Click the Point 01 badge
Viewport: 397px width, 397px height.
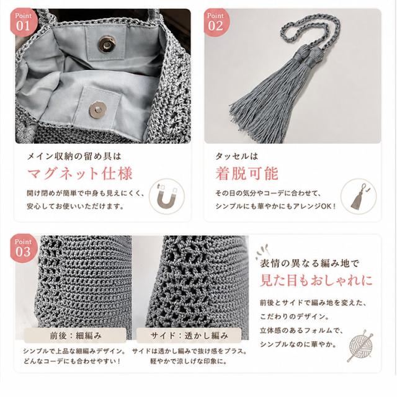point(24,22)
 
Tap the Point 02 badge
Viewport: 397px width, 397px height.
point(216,22)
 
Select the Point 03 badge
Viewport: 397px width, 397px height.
point(24,248)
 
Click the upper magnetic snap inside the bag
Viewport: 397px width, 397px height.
point(107,43)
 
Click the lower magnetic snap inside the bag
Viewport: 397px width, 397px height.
point(98,109)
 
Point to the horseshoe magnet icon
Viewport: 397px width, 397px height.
point(167,197)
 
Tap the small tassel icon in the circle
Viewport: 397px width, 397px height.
point(359,197)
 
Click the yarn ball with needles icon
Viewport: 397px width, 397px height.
point(360,346)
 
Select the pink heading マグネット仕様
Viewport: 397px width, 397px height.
point(80,174)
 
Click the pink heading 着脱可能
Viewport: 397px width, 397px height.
point(247,174)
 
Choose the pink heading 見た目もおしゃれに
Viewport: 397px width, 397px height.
point(316,280)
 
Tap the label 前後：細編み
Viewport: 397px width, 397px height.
point(76,336)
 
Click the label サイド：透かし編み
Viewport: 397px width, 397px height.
point(189,336)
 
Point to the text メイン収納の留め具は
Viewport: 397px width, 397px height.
point(74,156)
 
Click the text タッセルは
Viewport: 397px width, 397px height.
point(236,156)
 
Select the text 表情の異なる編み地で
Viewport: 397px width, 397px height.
point(310,263)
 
